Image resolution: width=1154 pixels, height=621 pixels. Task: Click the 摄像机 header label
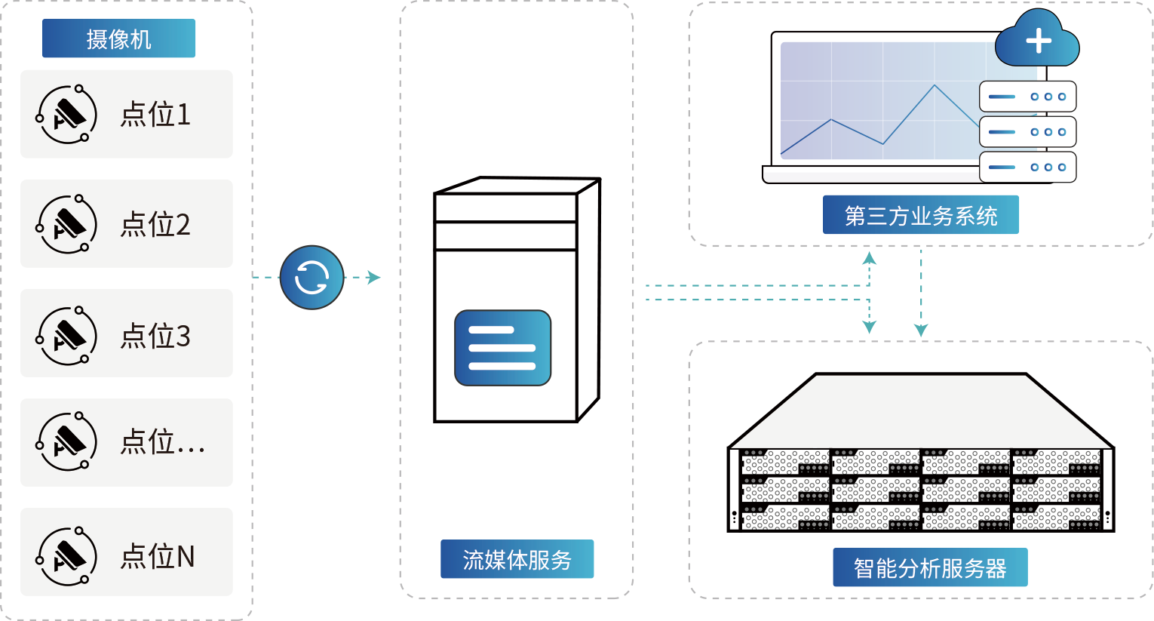(118, 38)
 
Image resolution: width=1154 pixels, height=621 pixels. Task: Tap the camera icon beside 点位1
(67, 115)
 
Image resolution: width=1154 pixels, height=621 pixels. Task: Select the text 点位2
(155, 224)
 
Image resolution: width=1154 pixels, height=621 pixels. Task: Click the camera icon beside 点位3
(67, 335)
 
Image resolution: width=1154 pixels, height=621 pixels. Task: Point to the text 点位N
(158, 556)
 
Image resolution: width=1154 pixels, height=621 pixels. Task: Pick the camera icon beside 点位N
(67, 556)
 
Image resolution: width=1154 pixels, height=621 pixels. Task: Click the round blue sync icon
(312, 277)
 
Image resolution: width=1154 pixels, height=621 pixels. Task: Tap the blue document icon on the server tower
(502, 348)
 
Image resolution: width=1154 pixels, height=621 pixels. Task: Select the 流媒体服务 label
(517, 559)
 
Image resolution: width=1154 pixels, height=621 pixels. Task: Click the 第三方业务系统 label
(920, 215)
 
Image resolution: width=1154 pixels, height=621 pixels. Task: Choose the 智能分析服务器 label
(929, 567)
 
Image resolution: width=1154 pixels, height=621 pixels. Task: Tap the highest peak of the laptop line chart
(935, 85)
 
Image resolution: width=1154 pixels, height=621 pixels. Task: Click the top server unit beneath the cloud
(1027, 97)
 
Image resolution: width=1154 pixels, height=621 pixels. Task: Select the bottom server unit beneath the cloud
(1027, 167)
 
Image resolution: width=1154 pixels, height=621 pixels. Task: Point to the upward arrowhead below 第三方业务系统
(870, 258)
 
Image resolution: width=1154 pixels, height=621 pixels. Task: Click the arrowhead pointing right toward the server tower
(374, 277)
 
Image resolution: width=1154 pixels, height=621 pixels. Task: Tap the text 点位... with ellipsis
(162, 442)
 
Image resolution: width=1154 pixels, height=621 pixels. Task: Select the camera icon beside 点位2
(67, 224)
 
